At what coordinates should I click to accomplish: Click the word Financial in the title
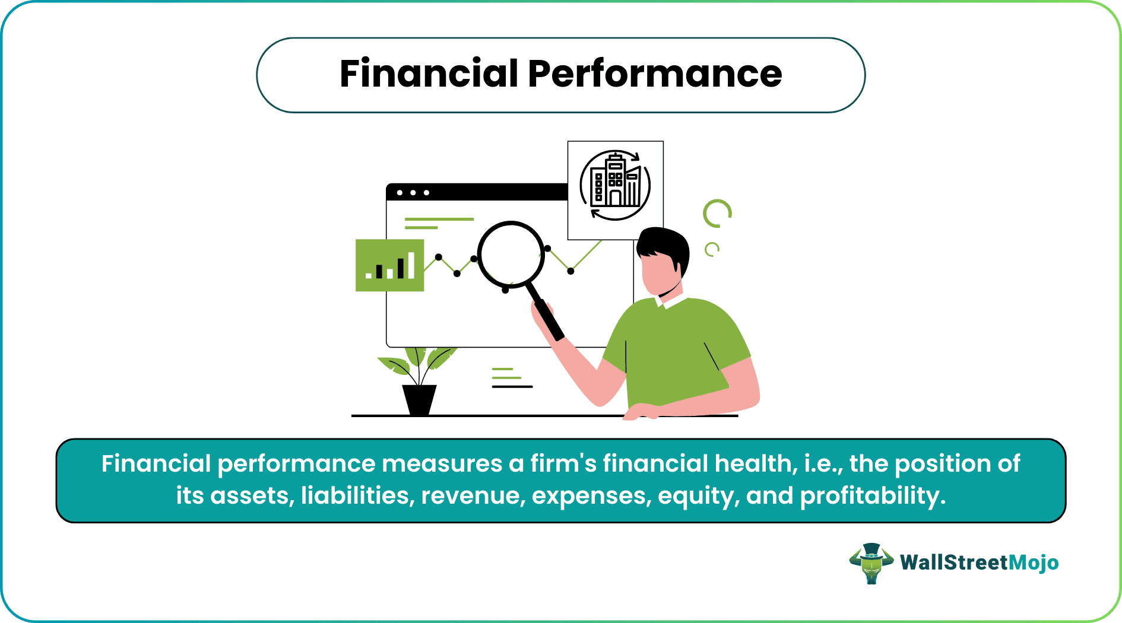[429, 74]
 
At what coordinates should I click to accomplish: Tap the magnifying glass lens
[511, 254]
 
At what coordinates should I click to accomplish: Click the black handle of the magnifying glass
[549, 319]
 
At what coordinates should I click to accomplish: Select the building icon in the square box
[615, 186]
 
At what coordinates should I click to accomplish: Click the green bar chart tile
[389, 265]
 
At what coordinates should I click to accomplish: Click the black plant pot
[419, 399]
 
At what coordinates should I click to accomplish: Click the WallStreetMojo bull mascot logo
[871, 562]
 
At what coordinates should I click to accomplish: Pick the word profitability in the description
[873, 495]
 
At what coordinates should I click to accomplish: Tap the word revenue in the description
[473, 495]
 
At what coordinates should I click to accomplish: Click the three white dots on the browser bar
[413, 193]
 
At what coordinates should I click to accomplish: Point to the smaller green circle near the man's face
[711, 249]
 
